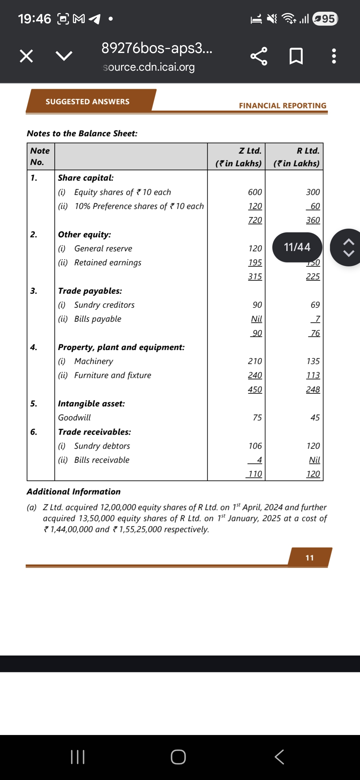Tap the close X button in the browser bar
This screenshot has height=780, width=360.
pos(26,56)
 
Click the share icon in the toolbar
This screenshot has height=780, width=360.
pos(259,56)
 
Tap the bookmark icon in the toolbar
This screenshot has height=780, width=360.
pos(296,56)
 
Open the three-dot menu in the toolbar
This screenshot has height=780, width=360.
pos(334,56)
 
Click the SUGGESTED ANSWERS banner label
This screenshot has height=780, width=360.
pos(87,101)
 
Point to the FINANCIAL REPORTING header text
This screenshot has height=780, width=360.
pos(282,105)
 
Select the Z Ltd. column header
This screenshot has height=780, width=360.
pos(250,151)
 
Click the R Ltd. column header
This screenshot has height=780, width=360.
pos(308,151)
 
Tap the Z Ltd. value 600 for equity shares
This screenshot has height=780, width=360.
pos(255,192)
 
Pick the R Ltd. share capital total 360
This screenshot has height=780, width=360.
pos(313,220)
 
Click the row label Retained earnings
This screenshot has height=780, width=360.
pos(108,263)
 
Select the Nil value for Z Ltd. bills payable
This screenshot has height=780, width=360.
pos(256,319)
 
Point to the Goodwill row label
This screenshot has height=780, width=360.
pos(74,418)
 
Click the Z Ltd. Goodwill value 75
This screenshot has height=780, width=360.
pos(257,418)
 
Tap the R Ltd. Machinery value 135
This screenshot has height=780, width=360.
pos(313,361)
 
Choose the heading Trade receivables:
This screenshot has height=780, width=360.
pos(94,432)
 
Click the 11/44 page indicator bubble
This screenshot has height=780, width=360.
pos(297,247)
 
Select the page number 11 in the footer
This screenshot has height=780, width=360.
pos(310,558)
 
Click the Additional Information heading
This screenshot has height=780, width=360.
pos(74,492)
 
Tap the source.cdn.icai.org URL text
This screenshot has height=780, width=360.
pos(149,67)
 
